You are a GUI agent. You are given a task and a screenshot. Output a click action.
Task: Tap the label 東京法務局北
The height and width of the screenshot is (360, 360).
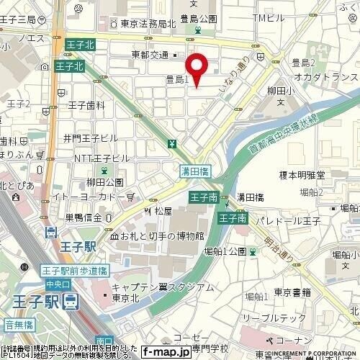pos(143,24)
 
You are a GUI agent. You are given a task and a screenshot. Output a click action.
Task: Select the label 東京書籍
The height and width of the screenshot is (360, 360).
pos(292,292)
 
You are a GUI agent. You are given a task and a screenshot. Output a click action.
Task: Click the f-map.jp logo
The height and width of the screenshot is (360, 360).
pos(165,352)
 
